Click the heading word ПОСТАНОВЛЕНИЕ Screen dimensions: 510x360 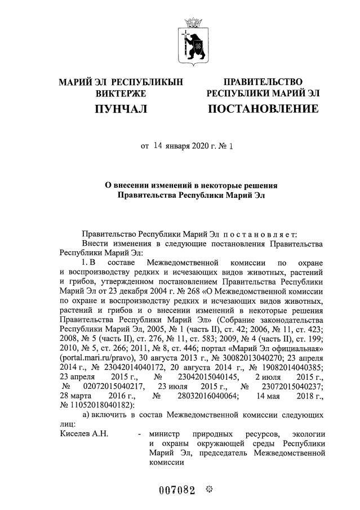[263, 108]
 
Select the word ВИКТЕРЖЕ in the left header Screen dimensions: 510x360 [121, 92]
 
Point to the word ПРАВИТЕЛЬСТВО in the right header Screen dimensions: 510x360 [263, 82]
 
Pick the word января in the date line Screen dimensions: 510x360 [180, 147]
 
